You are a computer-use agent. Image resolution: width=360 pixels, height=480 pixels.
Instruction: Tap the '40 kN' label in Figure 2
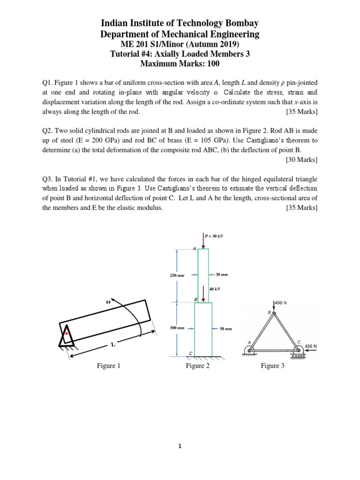click(215, 289)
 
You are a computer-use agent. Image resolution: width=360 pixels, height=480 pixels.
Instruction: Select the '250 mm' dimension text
click(175, 276)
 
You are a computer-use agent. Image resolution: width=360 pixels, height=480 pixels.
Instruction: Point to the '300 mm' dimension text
click(176, 328)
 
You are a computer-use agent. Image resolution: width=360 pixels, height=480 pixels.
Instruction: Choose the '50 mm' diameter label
click(226, 329)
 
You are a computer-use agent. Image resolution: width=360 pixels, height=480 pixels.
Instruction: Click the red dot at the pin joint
click(67, 334)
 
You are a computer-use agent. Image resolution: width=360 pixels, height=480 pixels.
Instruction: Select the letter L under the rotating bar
click(112, 345)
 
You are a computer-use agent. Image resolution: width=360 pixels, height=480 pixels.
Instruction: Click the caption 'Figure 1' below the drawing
click(109, 366)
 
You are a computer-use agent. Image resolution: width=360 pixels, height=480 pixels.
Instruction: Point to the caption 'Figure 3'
click(272, 366)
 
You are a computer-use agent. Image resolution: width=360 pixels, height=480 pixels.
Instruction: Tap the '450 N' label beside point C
click(311, 346)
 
